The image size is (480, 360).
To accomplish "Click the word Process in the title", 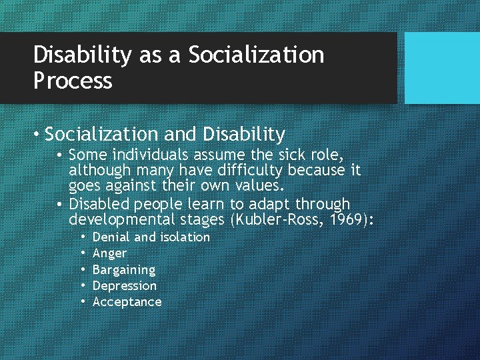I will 73,81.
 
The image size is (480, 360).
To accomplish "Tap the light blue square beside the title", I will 442,68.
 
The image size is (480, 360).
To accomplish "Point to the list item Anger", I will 109,253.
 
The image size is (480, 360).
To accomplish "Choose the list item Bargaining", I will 124,270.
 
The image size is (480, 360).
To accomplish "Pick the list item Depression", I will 125,286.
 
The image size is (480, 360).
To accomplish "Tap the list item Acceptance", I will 127,302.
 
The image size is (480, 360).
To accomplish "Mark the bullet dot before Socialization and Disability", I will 37,135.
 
